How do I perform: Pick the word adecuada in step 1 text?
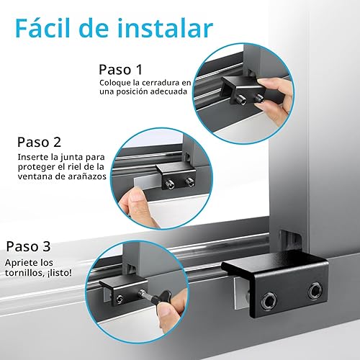(x=167, y=92)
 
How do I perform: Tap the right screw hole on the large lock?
(x=316, y=292)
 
